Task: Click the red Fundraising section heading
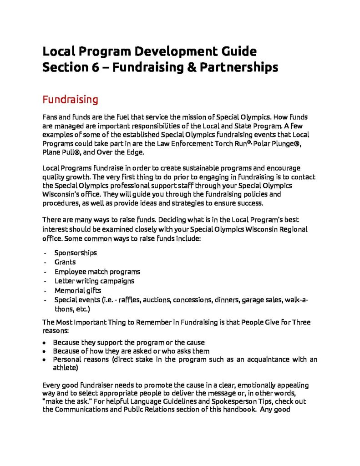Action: point(70,99)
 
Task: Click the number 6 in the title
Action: point(88,67)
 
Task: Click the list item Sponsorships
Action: point(76,253)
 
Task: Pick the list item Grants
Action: point(65,262)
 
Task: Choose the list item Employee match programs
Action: point(97,272)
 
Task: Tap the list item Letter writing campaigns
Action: point(94,281)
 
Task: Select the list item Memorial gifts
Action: point(78,290)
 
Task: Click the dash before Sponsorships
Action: point(45,253)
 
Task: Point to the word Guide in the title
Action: point(237,50)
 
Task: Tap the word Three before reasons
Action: point(300,322)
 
